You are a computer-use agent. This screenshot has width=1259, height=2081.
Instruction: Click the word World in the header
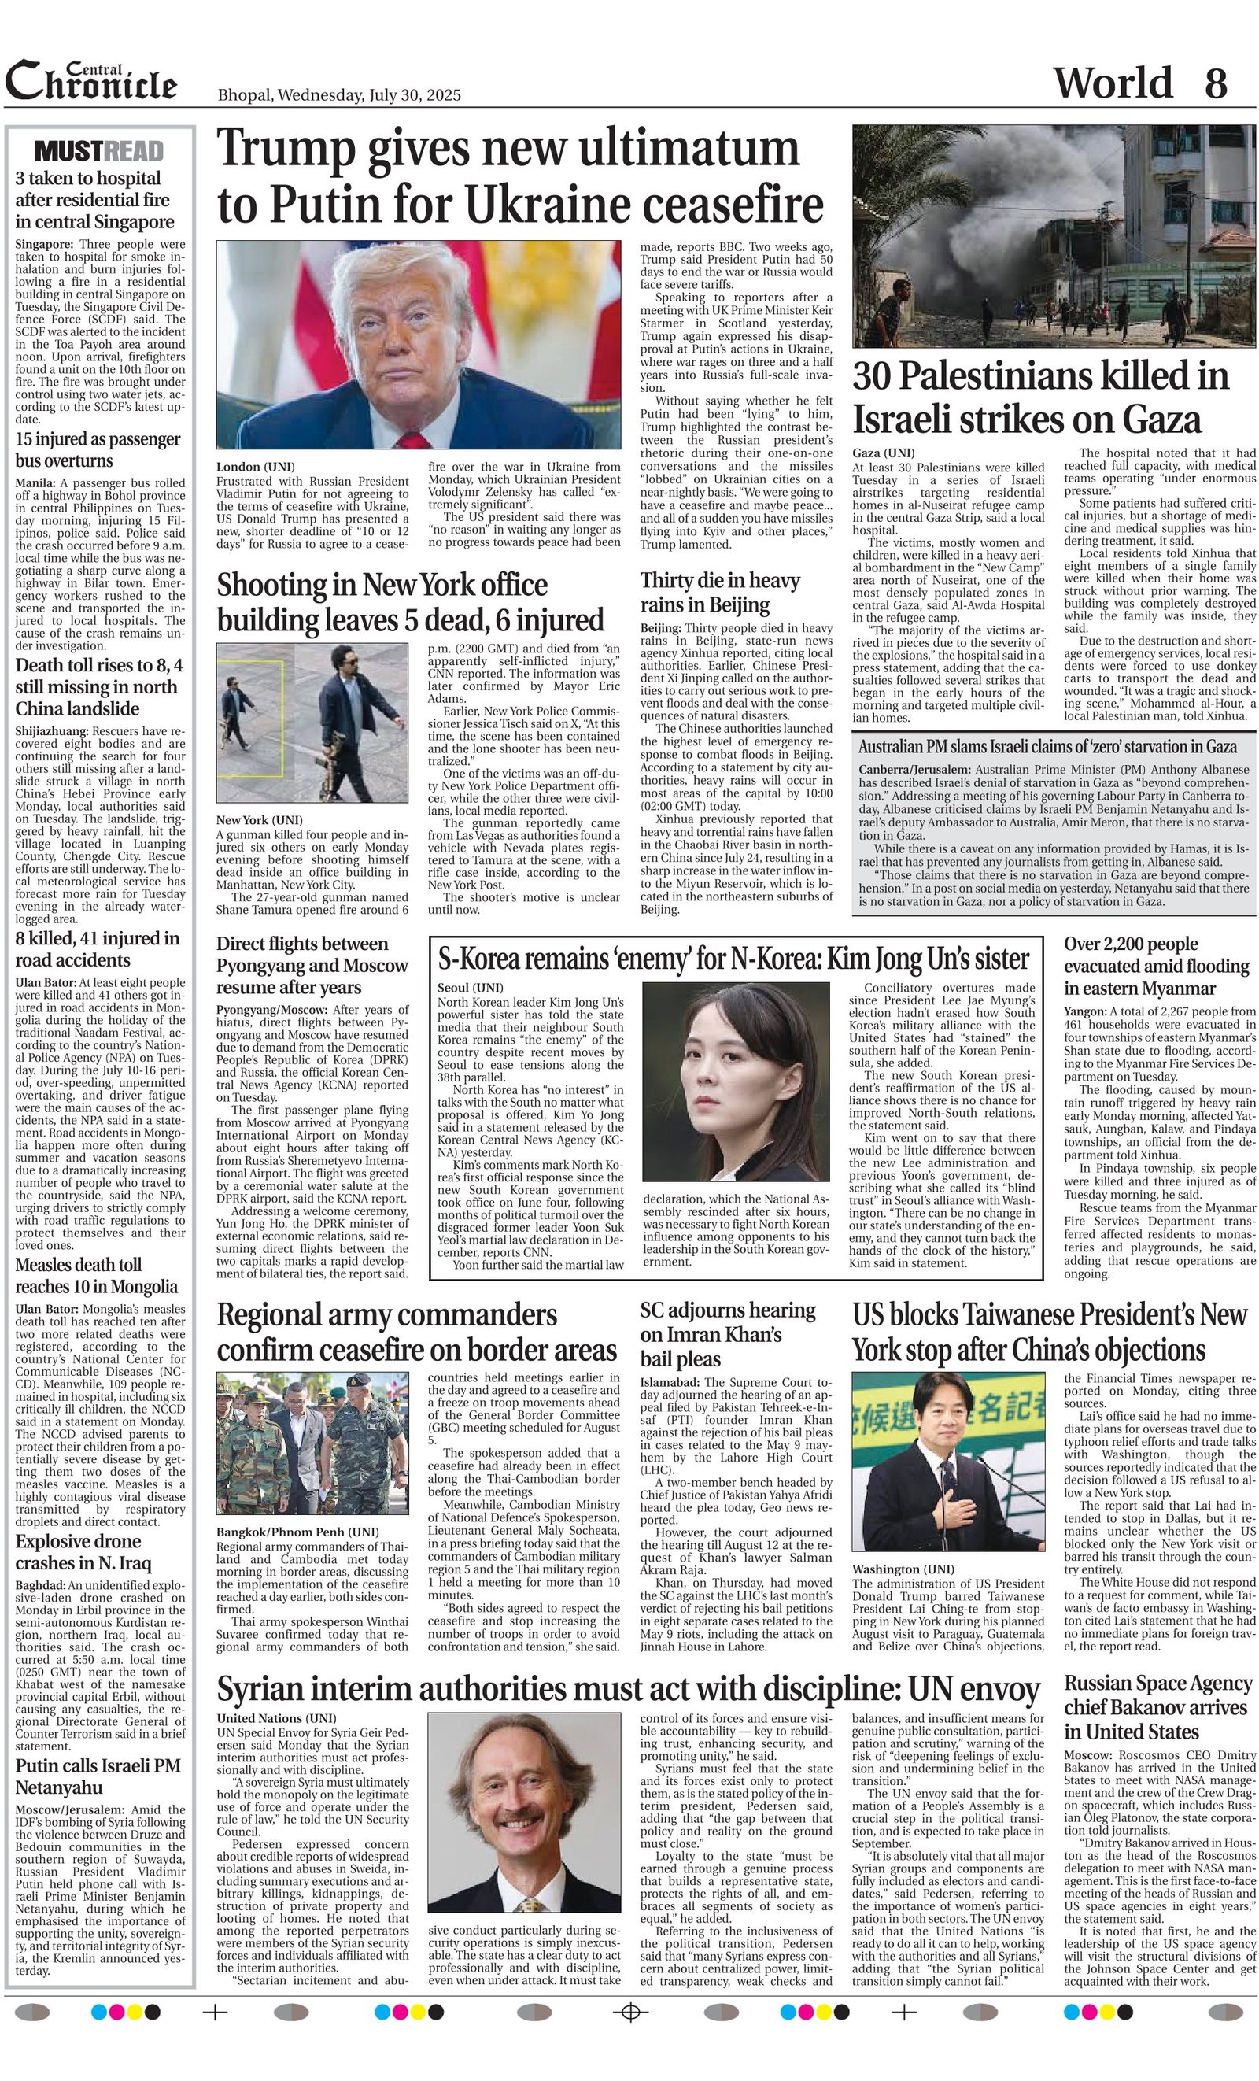1112,83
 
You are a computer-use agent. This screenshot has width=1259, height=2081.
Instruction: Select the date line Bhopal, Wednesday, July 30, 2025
338,94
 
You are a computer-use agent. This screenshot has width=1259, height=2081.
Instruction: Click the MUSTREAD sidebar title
99,151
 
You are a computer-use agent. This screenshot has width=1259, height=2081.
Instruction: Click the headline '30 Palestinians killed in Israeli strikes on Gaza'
1040,397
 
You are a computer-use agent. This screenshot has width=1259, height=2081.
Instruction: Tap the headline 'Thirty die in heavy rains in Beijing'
719,592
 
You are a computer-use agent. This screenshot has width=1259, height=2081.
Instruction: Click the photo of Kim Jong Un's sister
736,1081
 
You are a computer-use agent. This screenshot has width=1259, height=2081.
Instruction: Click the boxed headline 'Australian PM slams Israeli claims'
1047,747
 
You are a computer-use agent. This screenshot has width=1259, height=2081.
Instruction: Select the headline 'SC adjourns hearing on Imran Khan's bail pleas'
728,1333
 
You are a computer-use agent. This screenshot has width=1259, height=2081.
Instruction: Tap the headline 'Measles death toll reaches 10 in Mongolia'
96,1275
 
